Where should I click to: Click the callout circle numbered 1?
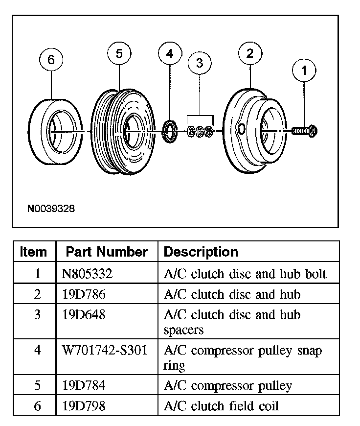304,71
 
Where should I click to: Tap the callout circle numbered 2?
250,54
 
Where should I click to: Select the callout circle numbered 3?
200,63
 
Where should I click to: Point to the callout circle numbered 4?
169,54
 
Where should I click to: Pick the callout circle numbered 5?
119,54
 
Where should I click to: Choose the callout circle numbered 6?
51,60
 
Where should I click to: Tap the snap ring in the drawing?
169,131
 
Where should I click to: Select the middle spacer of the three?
200,131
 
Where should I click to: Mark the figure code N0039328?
51,209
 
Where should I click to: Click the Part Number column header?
107,252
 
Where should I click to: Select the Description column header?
201,252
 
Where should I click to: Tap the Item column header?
34,252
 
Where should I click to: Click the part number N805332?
87,274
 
